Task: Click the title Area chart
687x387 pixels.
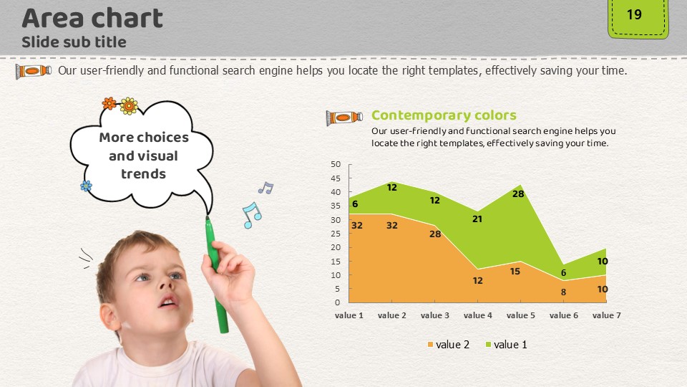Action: click(x=92, y=18)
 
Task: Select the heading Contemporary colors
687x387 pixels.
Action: click(x=444, y=115)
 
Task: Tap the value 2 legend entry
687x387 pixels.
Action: click(x=449, y=345)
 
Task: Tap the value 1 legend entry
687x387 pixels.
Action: click(x=506, y=345)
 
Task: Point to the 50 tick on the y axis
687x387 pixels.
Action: click(x=336, y=164)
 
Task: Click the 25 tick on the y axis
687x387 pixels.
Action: click(x=336, y=234)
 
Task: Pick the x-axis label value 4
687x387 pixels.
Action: click(x=477, y=315)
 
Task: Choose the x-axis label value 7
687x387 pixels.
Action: click(x=606, y=315)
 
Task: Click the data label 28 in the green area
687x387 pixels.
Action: click(x=518, y=193)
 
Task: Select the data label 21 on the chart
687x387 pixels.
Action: click(x=477, y=219)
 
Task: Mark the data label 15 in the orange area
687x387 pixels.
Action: click(x=515, y=271)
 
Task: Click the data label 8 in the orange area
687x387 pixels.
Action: click(x=563, y=292)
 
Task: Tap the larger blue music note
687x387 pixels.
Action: click(x=251, y=215)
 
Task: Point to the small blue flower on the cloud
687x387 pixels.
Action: click(x=87, y=186)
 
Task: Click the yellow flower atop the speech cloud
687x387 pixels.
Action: click(x=129, y=106)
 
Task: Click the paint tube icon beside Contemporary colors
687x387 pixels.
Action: click(x=344, y=118)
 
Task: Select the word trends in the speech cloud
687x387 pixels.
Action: click(x=143, y=173)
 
